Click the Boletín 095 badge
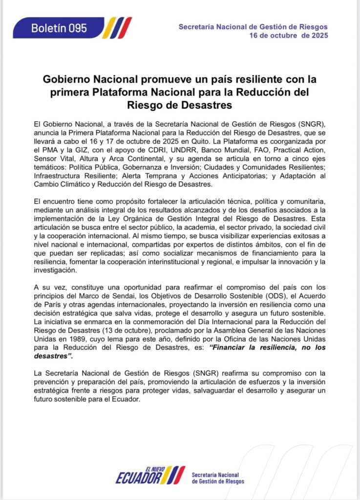point(59,28)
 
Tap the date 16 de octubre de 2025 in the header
point(288,36)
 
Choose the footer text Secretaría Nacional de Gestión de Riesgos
point(217,478)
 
